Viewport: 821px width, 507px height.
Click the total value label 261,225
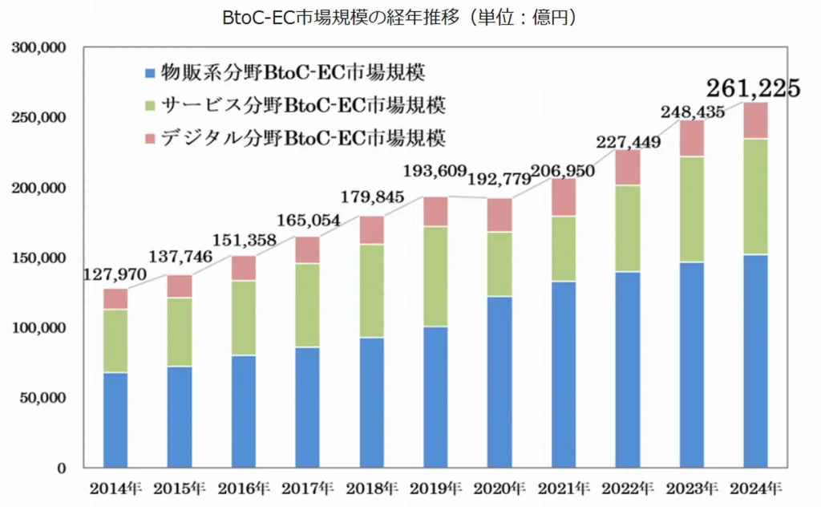tap(753, 88)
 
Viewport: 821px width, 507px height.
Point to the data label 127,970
tap(115, 275)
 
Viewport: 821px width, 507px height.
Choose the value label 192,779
tap(498, 179)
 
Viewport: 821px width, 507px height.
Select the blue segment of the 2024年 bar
tap(755, 361)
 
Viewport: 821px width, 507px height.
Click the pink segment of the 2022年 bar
tap(628, 168)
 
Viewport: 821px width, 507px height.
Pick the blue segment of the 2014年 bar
tap(115, 420)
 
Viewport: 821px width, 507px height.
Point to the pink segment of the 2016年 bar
tap(244, 268)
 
